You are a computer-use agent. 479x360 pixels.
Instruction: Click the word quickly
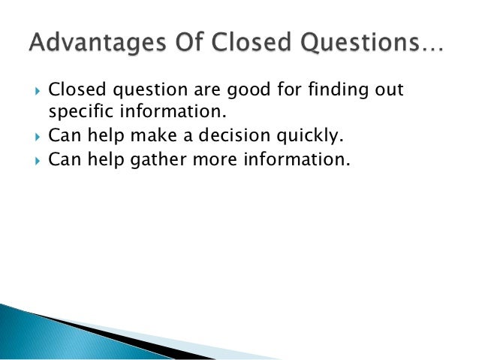tap(297, 137)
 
